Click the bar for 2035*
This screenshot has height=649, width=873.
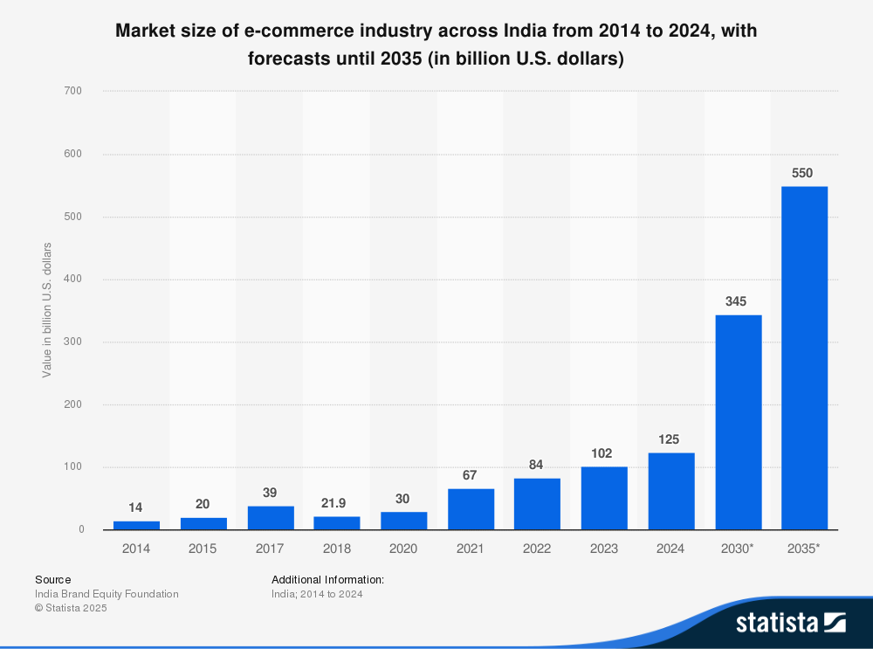804,358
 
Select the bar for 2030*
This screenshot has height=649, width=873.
738,422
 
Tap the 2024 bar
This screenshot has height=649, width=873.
671,491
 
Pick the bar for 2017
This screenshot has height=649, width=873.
271,518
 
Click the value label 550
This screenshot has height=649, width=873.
802,173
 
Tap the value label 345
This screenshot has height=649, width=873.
736,301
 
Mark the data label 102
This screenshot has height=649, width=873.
601,453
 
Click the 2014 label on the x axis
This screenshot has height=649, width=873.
136,549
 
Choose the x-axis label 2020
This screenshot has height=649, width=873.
403,549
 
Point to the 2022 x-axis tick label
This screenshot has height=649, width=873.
537,549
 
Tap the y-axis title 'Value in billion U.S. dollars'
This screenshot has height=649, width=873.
47,310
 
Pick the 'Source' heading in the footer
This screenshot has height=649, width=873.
53,579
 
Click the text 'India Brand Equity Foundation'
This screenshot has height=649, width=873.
107,594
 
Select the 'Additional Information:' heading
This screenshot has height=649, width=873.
327,579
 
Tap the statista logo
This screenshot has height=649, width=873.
790,622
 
